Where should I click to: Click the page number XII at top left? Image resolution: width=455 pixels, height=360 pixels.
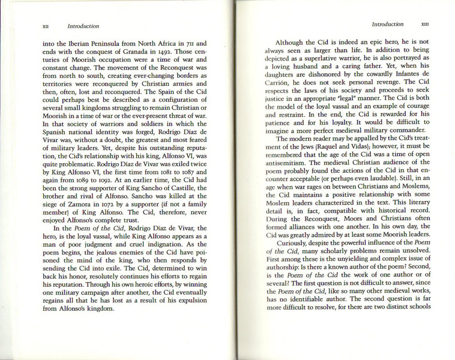pos(45,26)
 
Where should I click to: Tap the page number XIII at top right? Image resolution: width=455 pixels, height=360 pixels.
pos(424,25)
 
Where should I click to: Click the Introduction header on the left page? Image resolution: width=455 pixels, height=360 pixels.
pos(83,26)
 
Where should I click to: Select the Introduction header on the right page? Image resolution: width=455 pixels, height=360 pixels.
pos(387,25)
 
